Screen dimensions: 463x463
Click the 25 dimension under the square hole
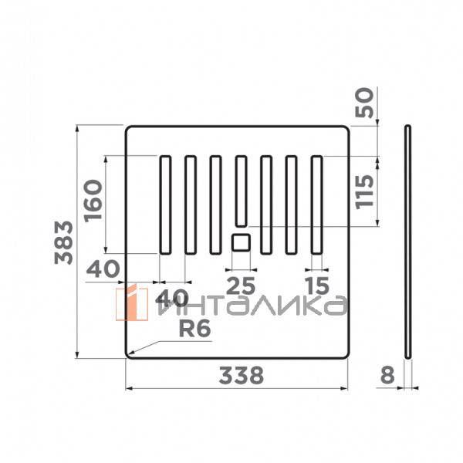click(x=240, y=285)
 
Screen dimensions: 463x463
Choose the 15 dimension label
click(x=316, y=285)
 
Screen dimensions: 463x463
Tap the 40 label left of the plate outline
click(x=103, y=269)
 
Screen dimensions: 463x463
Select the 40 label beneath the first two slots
click(x=173, y=298)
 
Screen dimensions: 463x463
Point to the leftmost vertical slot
click(x=164, y=204)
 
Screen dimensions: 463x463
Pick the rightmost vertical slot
click(x=316, y=204)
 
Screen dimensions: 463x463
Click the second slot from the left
click(x=189, y=204)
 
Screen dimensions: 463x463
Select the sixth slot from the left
click(x=291, y=204)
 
